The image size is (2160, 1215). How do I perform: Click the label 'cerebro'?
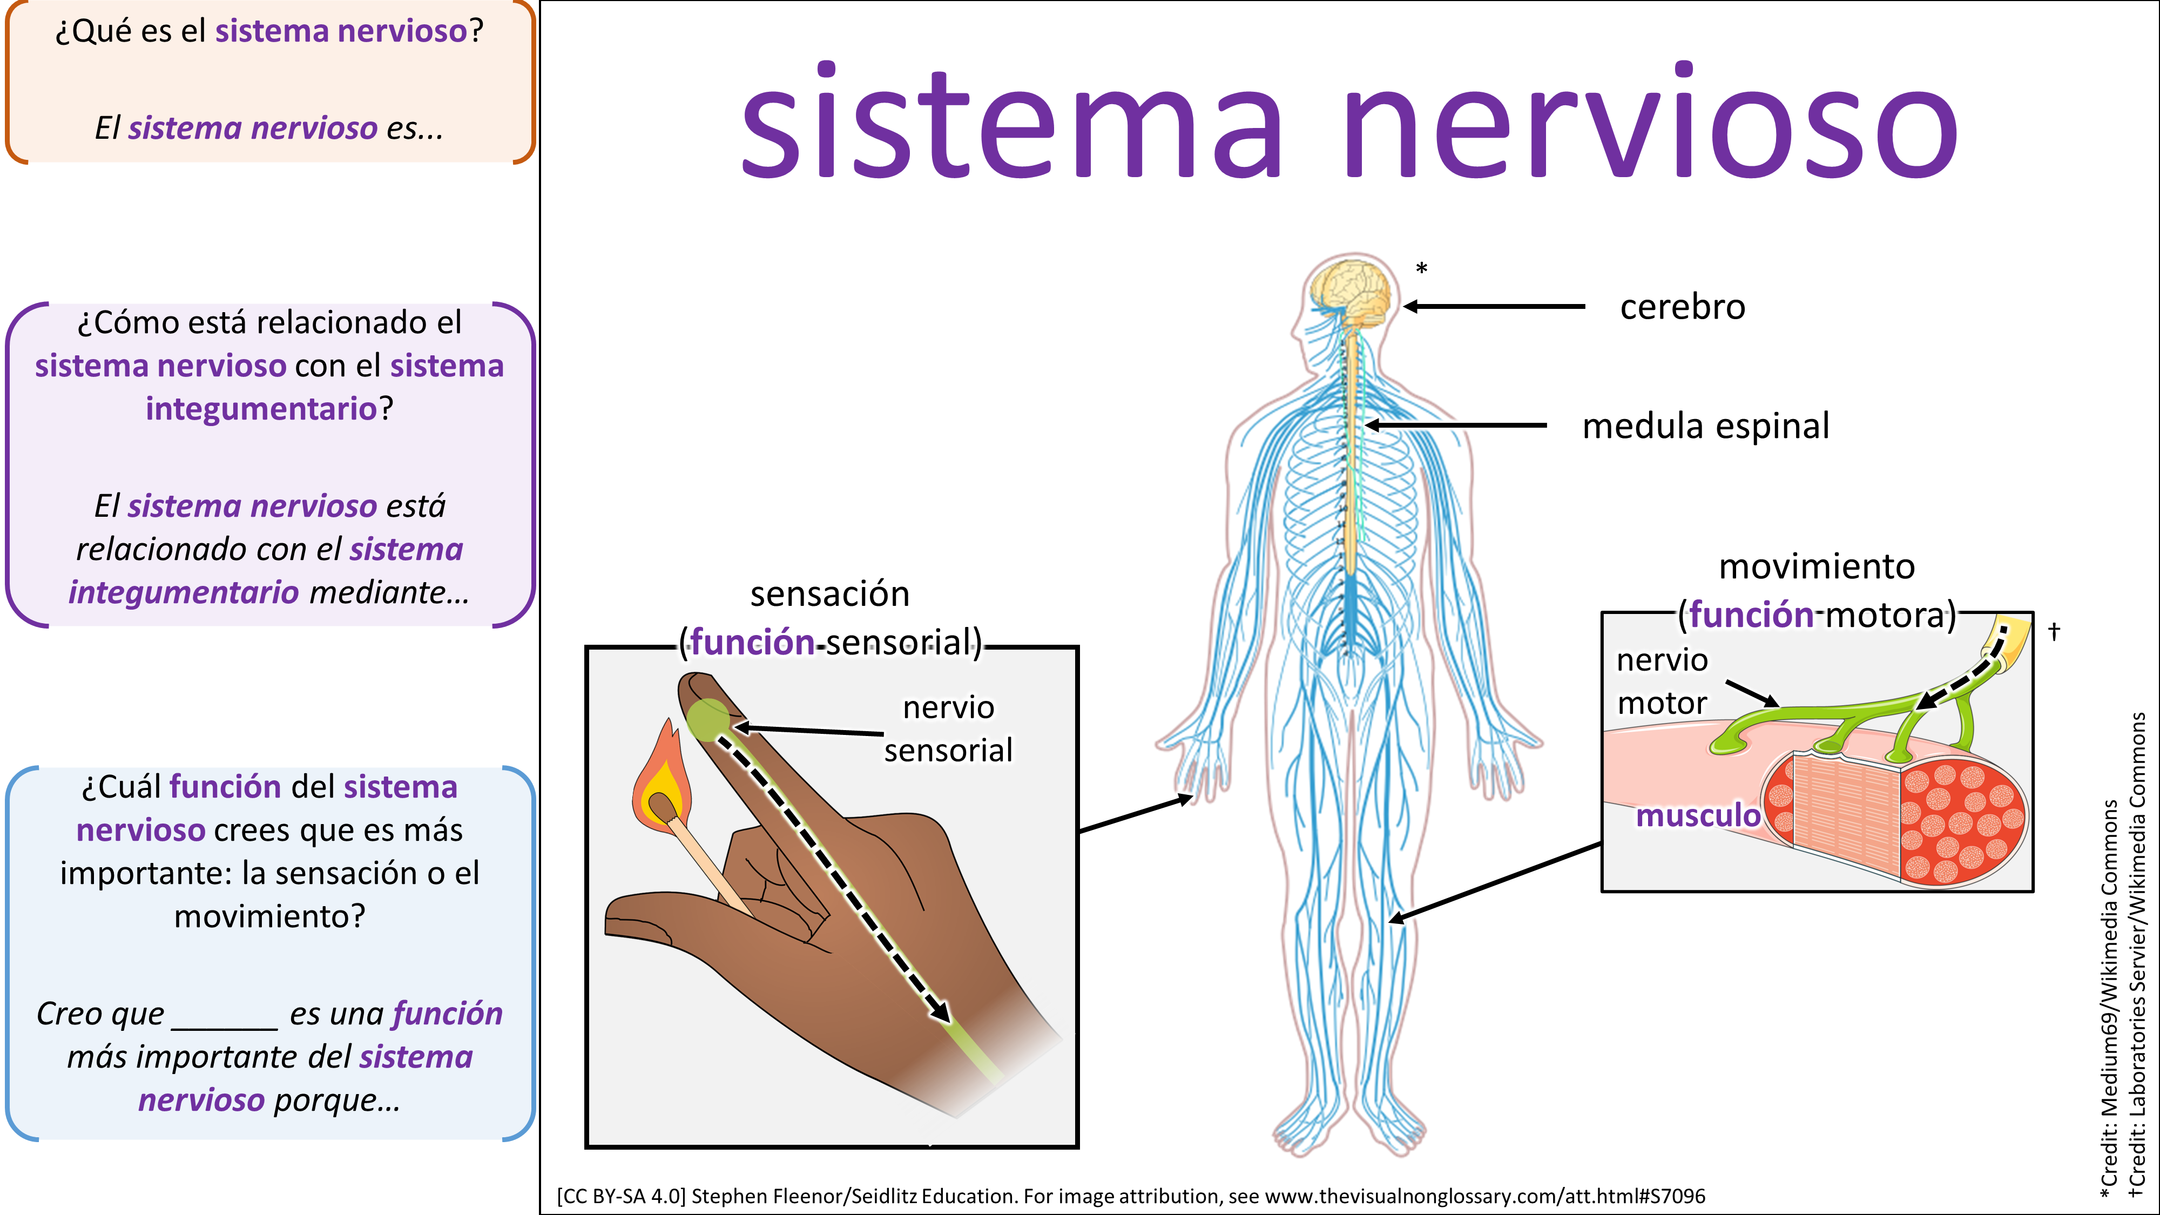click(1682, 307)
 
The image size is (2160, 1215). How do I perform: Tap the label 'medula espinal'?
click(1705, 426)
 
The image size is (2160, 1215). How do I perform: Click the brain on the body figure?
click(1352, 290)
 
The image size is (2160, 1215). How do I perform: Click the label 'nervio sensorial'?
click(948, 728)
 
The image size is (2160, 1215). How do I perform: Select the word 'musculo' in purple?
click(1698, 815)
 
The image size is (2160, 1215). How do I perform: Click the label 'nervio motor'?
click(1662, 681)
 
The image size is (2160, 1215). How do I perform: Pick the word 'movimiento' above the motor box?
click(1817, 567)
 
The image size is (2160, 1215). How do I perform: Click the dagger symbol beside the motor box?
click(2054, 631)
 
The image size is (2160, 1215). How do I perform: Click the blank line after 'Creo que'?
click(224, 1019)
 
